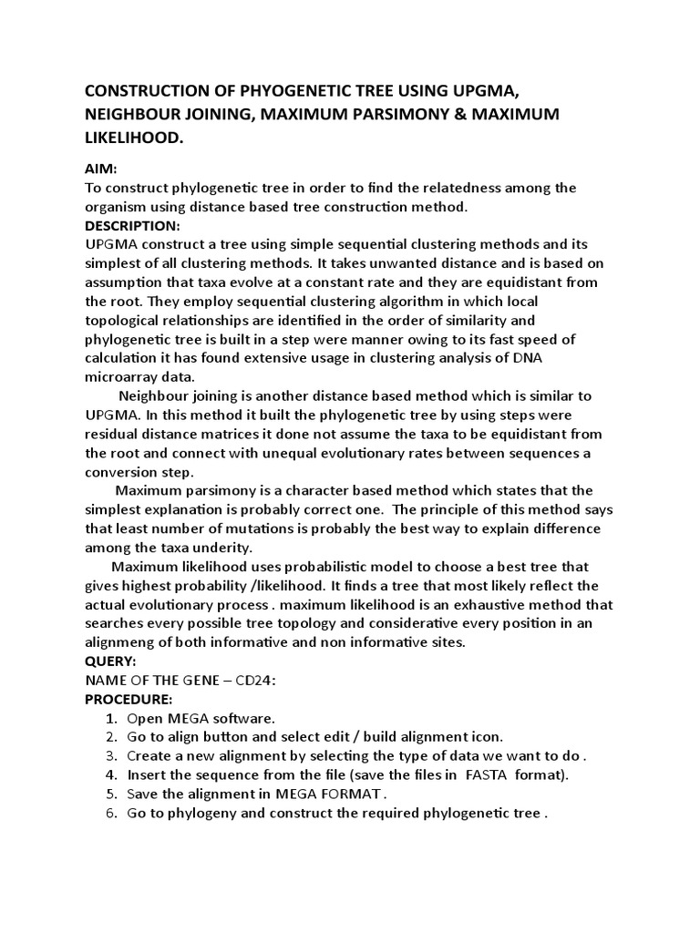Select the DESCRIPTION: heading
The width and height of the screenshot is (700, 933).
(x=132, y=225)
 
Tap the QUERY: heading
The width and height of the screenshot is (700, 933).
(x=110, y=661)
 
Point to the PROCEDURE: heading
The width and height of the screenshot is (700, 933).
(x=129, y=699)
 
